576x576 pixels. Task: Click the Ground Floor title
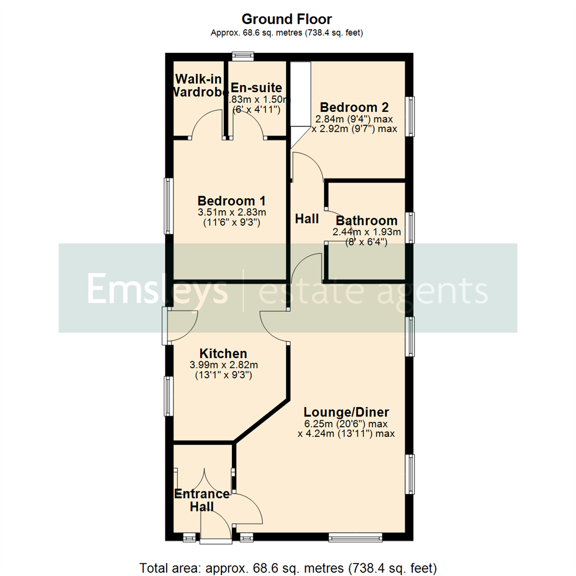tap(287, 20)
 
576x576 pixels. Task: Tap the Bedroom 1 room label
tap(231, 201)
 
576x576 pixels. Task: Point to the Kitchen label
tap(223, 354)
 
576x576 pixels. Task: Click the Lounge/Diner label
tap(346, 412)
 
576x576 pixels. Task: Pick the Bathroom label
tap(366, 221)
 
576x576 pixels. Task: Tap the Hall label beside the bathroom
tap(307, 219)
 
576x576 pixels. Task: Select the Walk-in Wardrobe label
tap(198, 85)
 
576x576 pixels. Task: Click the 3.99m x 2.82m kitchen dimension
tap(223, 365)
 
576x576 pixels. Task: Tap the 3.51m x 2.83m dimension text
tap(231, 213)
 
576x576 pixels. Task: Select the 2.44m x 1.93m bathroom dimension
tap(366, 232)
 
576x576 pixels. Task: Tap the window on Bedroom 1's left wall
tap(169, 206)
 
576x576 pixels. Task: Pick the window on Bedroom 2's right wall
tap(410, 116)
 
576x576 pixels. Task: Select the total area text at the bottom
tap(288, 567)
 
